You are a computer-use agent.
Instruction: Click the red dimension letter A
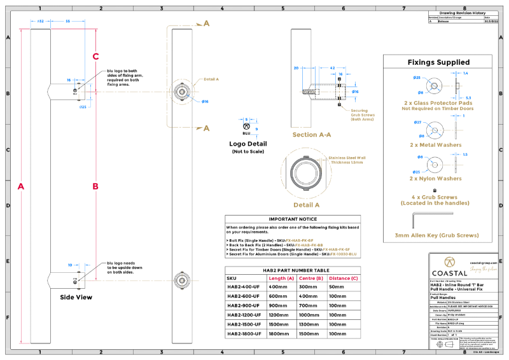[21, 186]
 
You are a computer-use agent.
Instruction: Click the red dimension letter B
[95, 186]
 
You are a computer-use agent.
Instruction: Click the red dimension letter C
[95, 57]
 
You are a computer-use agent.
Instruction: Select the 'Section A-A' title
[311, 135]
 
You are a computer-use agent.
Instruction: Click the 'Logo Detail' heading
[248, 144]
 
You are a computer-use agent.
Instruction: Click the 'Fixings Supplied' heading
[438, 62]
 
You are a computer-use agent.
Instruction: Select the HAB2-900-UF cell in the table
[244, 305]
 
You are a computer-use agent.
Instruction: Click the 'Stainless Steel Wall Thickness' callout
[347, 160]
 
